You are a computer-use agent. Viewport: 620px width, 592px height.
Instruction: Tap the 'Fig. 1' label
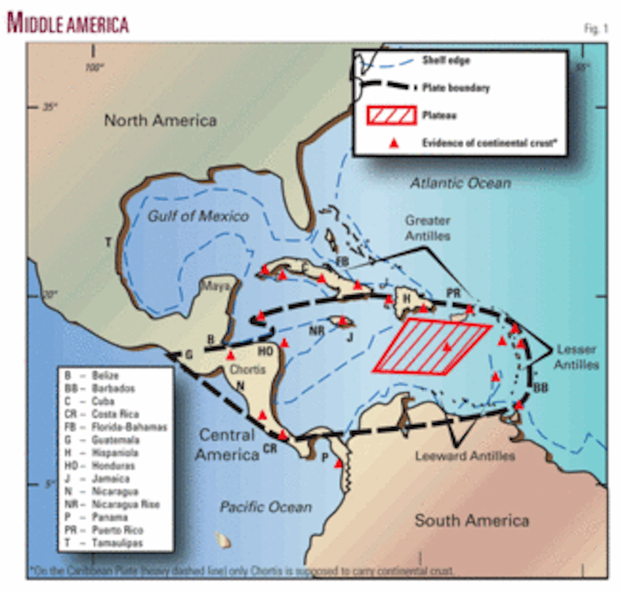point(595,29)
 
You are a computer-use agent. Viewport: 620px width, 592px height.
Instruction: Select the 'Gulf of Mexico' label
point(198,216)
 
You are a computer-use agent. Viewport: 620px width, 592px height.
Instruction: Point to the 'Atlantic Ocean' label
point(460,183)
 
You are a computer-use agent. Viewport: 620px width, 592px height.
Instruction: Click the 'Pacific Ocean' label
point(266,507)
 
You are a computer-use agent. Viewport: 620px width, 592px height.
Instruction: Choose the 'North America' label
point(160,120)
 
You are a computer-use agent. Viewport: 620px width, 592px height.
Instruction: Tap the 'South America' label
point(472,520)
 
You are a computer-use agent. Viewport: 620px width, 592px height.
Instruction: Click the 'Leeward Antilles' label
point(465,456)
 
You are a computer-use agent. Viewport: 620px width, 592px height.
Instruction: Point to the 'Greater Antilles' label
point(428,228)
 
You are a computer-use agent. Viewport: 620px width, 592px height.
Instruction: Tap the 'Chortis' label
point(247,370)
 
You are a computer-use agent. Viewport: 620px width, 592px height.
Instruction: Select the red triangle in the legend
point(394,143)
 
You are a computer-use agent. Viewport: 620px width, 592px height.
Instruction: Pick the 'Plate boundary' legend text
point(456,87)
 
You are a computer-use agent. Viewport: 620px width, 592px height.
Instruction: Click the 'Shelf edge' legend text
point(446,60)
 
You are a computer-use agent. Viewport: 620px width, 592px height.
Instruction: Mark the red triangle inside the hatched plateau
point(447,348)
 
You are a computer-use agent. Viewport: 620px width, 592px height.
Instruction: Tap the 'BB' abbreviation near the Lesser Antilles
point(540,387)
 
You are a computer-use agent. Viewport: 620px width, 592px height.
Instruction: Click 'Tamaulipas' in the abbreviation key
point(117,543)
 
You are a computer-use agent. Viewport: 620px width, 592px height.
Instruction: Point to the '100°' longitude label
point(95,67)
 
